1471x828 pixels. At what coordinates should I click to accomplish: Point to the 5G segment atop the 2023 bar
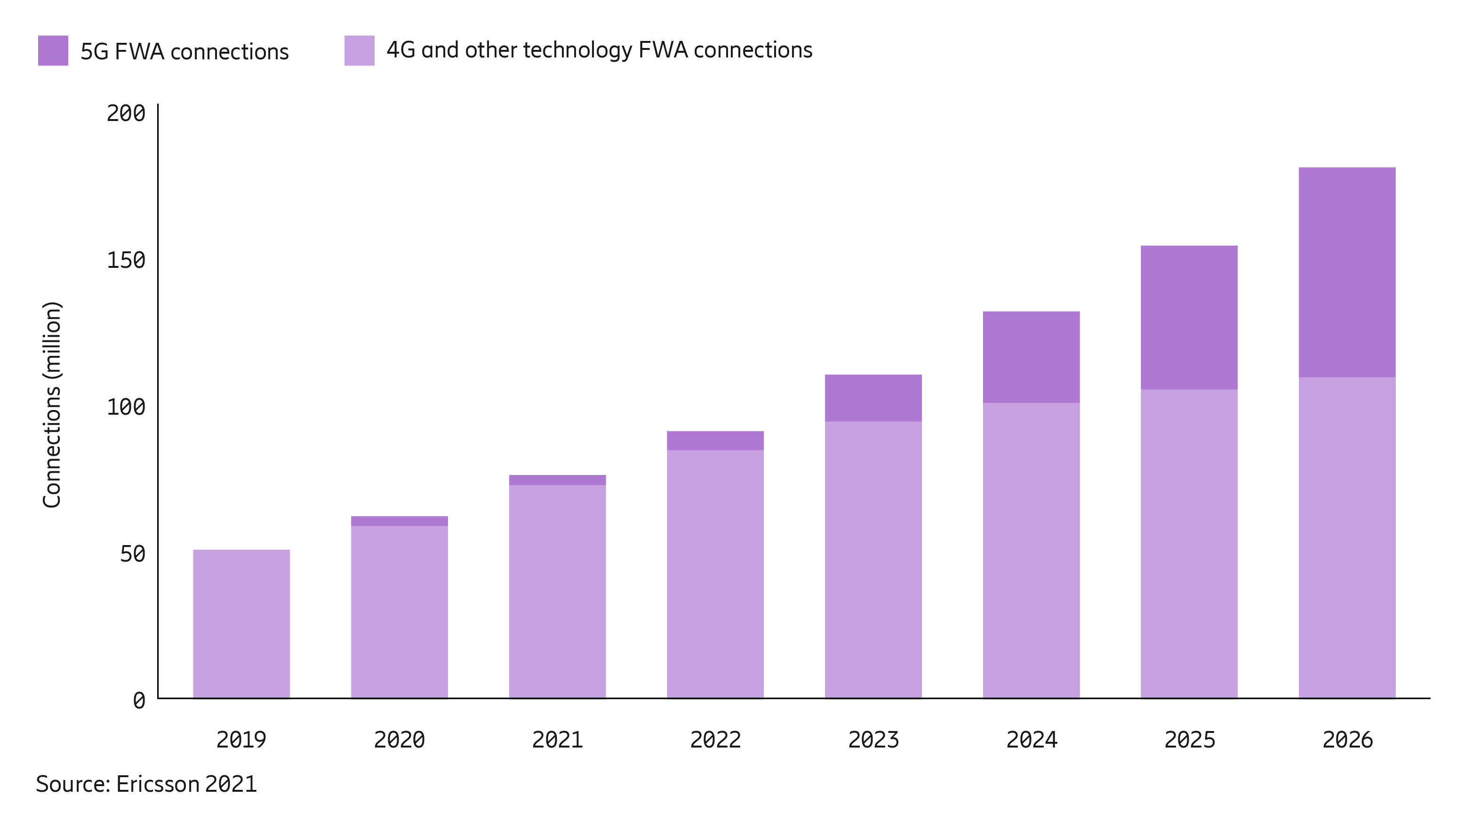point(873,398)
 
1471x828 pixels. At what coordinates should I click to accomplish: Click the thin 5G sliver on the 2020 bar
point(399,521)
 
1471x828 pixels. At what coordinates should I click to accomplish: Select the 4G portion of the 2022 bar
point(715,573)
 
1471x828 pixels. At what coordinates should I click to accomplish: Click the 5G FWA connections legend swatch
point(53,50)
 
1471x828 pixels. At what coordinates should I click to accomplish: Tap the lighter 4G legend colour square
point(359,50)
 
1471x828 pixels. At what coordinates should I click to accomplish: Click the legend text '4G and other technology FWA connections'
point(599,50)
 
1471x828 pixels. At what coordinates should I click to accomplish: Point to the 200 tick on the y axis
point(126,113)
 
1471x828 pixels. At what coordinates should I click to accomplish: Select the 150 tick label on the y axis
point(126,260)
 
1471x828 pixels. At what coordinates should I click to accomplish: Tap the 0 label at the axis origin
point(139,700)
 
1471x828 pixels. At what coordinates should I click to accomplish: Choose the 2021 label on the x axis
point(557,740)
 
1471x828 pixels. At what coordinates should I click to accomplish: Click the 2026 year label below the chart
point(1347,740)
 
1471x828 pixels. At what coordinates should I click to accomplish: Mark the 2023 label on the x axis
point(873,740)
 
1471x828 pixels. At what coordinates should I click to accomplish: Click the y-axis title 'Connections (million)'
point(52,404)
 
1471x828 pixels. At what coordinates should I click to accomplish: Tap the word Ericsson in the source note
point(158,784)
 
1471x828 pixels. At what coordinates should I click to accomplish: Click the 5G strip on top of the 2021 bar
point(557,480)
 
